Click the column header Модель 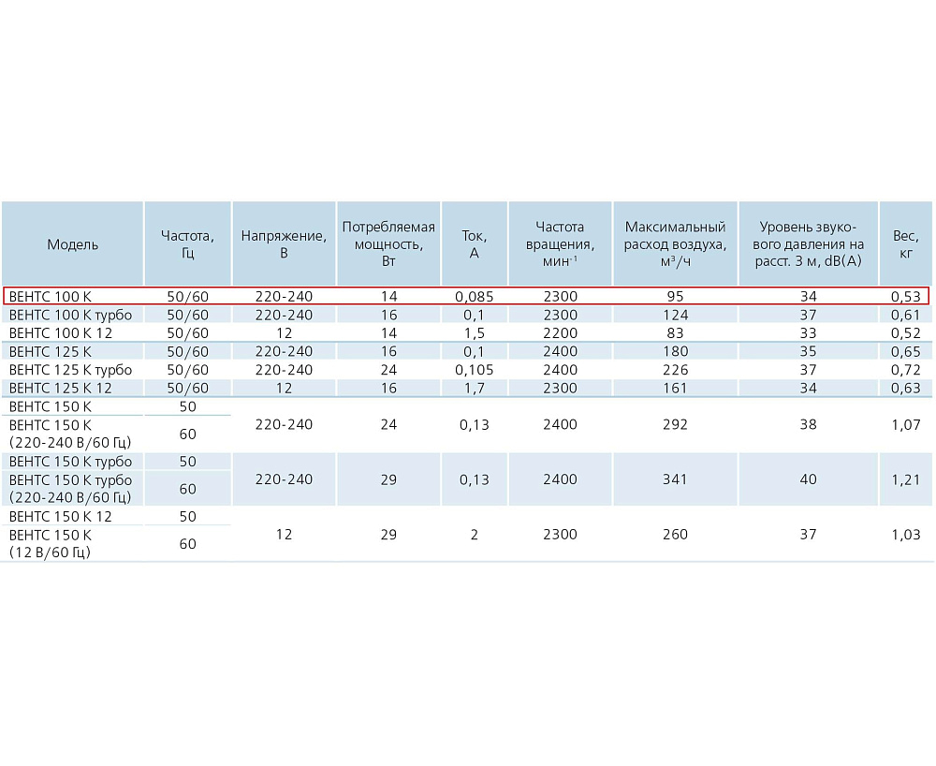72,244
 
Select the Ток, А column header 474,244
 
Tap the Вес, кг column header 905,244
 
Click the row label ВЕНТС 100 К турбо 70,315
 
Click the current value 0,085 474,297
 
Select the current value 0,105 474,370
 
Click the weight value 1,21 905,479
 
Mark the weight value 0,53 905,297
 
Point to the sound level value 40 808,479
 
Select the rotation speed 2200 560,332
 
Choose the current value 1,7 474,388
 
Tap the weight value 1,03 905,535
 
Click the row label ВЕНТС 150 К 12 60,516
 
